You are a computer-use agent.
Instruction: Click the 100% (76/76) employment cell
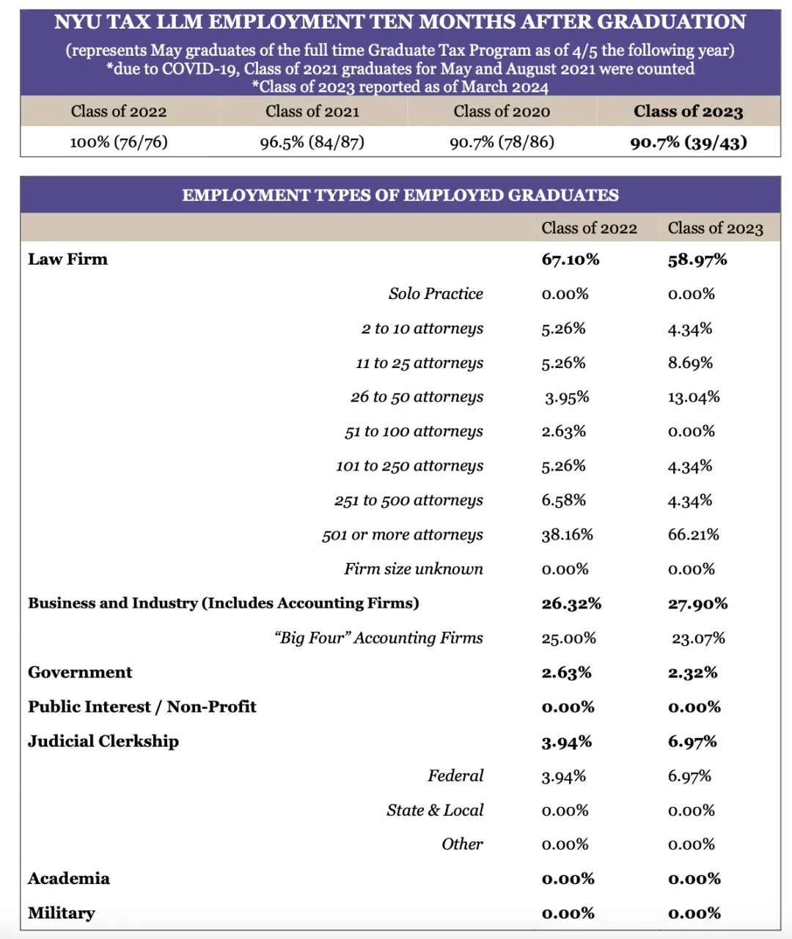coord(119,142)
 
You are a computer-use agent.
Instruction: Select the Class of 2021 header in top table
coord(312,111)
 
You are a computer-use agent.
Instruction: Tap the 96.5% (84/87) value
coord(312,142)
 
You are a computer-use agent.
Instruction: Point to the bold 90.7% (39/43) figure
coord(689,142)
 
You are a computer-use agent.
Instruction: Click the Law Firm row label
coord(67,259)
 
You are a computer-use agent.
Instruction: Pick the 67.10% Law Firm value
coord(571,259)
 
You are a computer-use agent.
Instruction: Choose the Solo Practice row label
coord(436,294)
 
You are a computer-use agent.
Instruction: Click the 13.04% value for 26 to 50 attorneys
coord(694,397)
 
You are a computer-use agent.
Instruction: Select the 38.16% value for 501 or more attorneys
coord(568,535)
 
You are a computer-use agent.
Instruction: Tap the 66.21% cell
coord(694,535)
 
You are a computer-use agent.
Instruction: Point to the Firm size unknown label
coord(414,570)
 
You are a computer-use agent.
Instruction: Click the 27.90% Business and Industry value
coord(697,604)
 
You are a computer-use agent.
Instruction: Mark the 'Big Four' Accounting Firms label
coord(379,638)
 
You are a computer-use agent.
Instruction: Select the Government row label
coord(80,673)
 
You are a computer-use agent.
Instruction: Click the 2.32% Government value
coord(692,673)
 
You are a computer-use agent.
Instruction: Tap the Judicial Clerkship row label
coord(103,742)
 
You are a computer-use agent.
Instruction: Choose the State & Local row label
coord(435,811)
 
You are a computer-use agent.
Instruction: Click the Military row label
coord(62,913)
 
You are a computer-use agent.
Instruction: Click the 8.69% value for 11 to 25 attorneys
coord(690,363)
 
